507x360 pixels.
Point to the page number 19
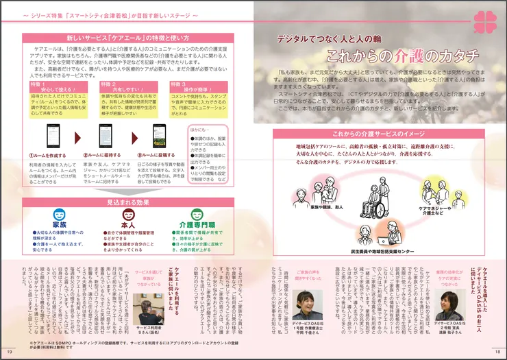click(10, 352)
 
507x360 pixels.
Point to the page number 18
click(497, 352)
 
